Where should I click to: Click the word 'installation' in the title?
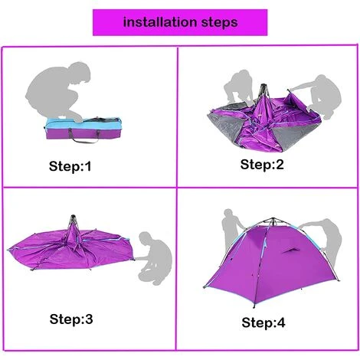160,22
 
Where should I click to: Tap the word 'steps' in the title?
220,23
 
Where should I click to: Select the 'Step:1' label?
70,166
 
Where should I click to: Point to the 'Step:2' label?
262,164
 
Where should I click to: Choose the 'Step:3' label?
71,319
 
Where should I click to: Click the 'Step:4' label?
263,322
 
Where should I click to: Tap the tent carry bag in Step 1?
82,129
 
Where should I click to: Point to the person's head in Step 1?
80,73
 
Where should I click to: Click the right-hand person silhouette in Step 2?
322,97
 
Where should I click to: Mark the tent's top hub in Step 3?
73,220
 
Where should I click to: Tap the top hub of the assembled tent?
273,220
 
